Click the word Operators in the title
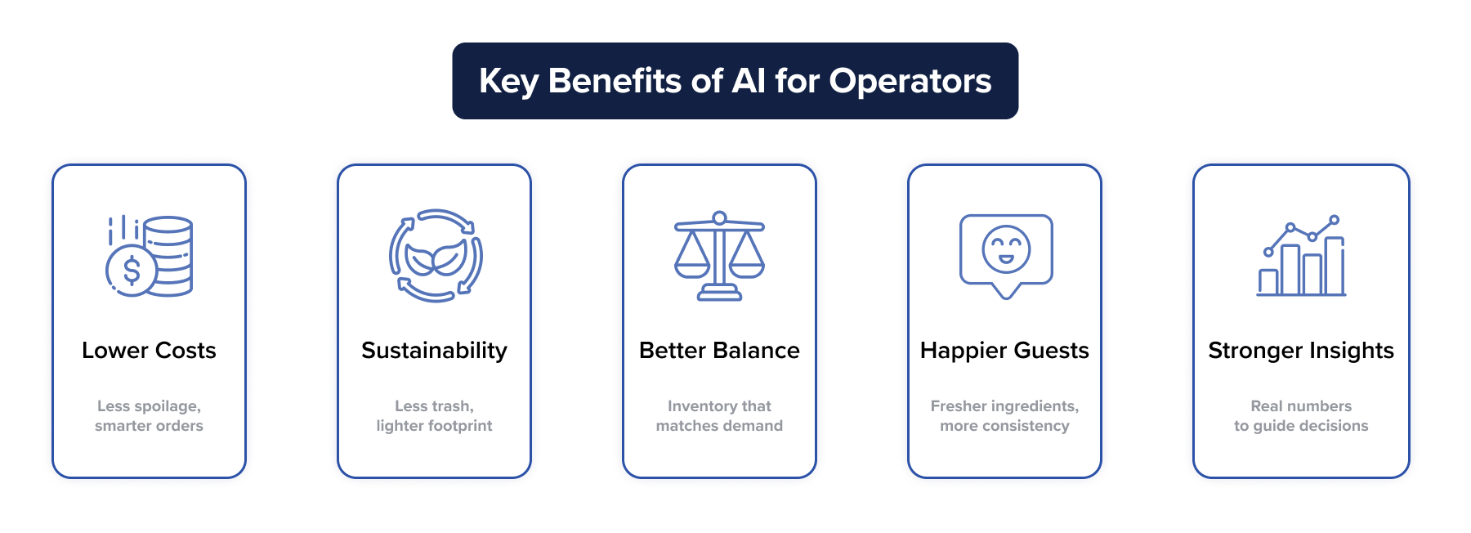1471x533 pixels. tap(910, 81)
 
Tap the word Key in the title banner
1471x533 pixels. tap(508, 81)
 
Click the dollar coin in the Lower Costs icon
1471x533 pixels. tap(131, 270)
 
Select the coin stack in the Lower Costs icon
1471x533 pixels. tap(170, 255)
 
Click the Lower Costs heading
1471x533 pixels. tap(149, 351)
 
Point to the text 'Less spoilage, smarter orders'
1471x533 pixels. tap(149, 415)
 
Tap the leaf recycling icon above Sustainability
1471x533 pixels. tap(435, 256)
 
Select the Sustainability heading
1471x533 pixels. tap(434, 351)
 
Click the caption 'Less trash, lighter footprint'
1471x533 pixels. tap(434, 415)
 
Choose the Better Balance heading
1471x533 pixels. tap(719, 351)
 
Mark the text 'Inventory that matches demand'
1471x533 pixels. tap(719, 415)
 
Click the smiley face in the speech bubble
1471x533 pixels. tap(1006, 249)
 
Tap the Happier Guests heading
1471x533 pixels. tap(1004, 351)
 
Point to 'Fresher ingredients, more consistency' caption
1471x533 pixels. tap(1004, 415)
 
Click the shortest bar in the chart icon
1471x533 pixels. tap(1268, 281)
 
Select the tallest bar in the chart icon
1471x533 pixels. tap(1334, 266)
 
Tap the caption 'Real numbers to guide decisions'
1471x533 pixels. tap(1301, 415)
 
